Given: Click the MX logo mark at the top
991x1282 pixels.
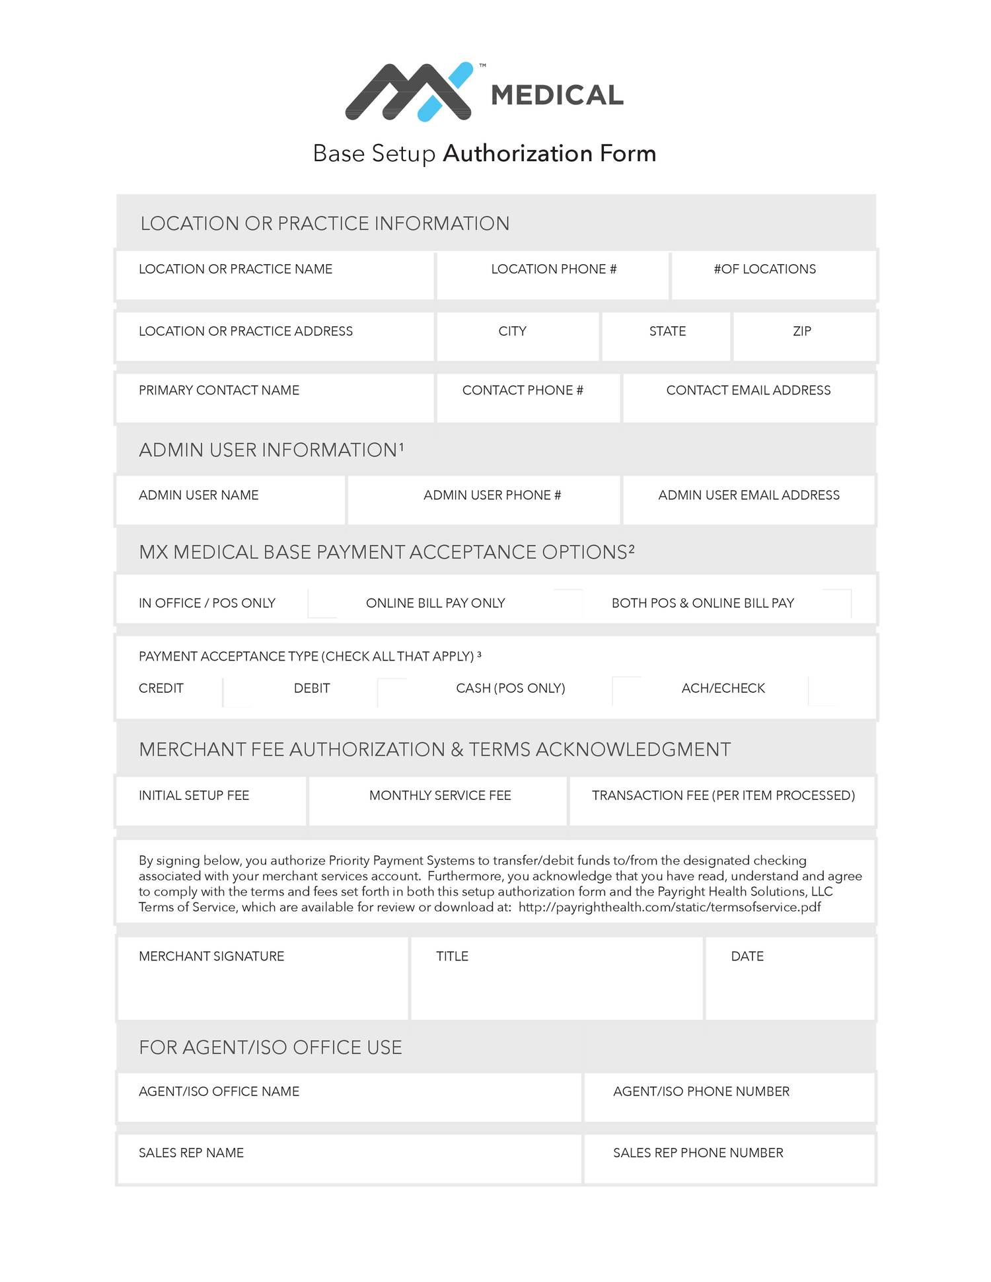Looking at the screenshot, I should tap(410, 92).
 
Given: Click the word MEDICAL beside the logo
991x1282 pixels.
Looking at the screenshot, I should tap(557, 96).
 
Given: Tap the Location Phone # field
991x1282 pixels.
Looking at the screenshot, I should tap(553, 276).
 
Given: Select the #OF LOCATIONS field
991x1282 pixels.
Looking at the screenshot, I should tap(774, 276).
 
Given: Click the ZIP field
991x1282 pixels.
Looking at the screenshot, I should tap(804, 338).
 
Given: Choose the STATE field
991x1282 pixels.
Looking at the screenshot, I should tap(666, 338).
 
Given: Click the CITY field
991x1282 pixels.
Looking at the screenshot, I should tap(517, 338).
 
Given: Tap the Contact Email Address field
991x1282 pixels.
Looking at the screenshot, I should tap(749, 398).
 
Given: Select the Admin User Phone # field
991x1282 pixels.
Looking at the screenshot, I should tap(484, 501).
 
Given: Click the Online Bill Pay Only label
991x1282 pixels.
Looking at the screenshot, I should tap(435, 603).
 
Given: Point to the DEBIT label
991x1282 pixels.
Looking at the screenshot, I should tap(312, 688).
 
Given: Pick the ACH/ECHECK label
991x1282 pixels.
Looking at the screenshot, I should tap(723, 688).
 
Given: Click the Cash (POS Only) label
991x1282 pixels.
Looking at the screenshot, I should tap(510, 688).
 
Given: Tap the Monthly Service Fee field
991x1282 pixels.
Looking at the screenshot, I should tap(438, 802).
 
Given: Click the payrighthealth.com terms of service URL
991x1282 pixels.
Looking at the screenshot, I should tap(669, 908).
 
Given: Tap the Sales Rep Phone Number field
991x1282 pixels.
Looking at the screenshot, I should tap(729, 1160).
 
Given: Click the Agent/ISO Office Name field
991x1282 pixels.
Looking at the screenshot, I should tap(349, 1098).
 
